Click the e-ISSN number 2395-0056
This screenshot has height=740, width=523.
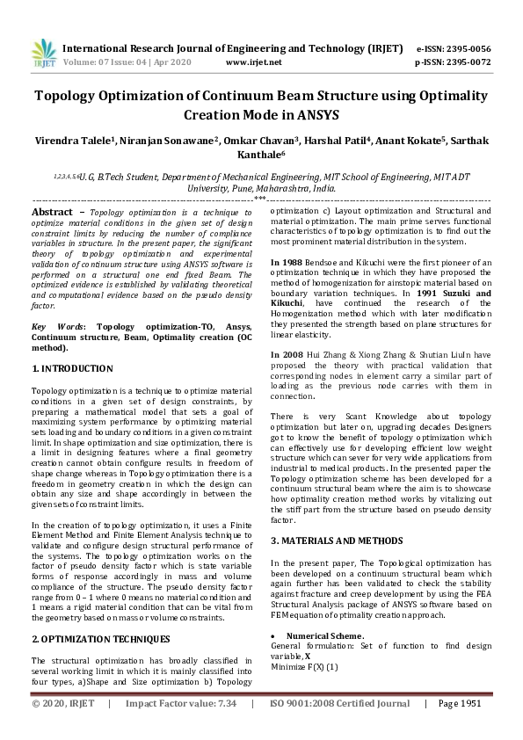(x=466, y=48)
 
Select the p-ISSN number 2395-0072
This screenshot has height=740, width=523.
(x=466, y=62)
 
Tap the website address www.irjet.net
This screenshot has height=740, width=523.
(x=254, y=62)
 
